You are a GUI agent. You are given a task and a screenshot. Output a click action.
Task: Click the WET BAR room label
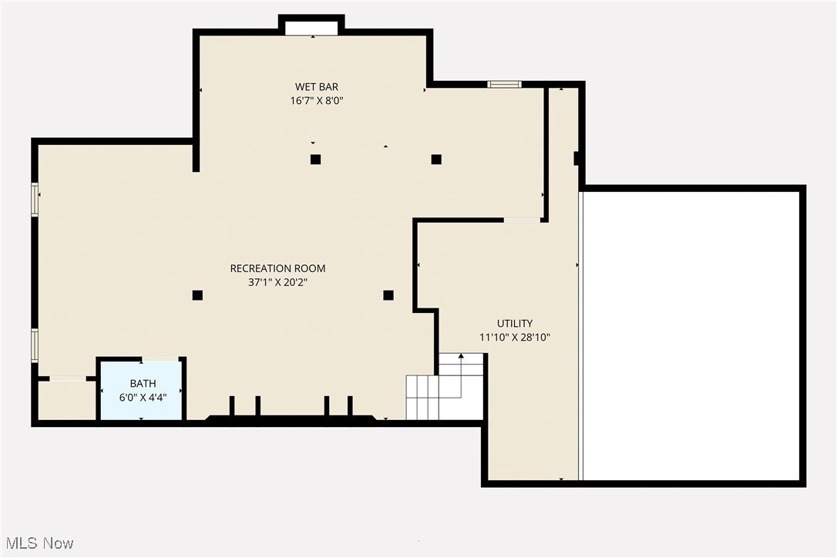[x=316, y=86]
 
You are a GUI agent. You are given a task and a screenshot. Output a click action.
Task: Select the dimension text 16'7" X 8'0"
[x=316, y=100]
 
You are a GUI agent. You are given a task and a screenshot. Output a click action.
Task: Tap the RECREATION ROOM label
[x=277, y=268]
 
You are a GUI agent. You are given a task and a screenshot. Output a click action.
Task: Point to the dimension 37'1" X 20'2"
[x=277, y=282]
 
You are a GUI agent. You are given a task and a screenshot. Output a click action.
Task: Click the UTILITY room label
[x=514, y=324]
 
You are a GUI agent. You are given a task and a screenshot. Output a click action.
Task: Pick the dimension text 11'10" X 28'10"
[x=514, y=337]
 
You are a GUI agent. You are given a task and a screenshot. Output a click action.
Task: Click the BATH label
[x=143, y=383]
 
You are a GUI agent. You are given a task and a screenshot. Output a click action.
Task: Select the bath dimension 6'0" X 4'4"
[x=143, y=397]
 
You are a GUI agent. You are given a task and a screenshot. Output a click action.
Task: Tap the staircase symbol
[x=445, y=387]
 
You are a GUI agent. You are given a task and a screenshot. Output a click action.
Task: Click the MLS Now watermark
[x=38, y=543]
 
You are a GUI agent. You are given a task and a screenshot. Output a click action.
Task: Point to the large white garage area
[x=691, y=335]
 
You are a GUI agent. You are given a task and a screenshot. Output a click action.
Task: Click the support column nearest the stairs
[x=388, y=294]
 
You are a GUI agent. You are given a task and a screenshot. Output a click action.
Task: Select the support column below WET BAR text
[x=315, y=160]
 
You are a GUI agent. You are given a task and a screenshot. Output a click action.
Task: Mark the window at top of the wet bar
[x=311, y=28]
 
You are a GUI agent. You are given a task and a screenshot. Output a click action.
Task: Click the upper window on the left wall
[x=35, y=199]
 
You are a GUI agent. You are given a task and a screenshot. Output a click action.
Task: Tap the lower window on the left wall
[x=35, y=345]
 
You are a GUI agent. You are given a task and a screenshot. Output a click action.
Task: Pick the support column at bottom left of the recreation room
[x=197, y=294]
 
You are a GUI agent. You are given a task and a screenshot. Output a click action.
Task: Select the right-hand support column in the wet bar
[x=436, y=160]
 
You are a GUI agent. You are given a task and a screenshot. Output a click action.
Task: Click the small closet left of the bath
[x=66, y=399]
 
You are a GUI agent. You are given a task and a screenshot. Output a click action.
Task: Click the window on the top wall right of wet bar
[x=505, y=84]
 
